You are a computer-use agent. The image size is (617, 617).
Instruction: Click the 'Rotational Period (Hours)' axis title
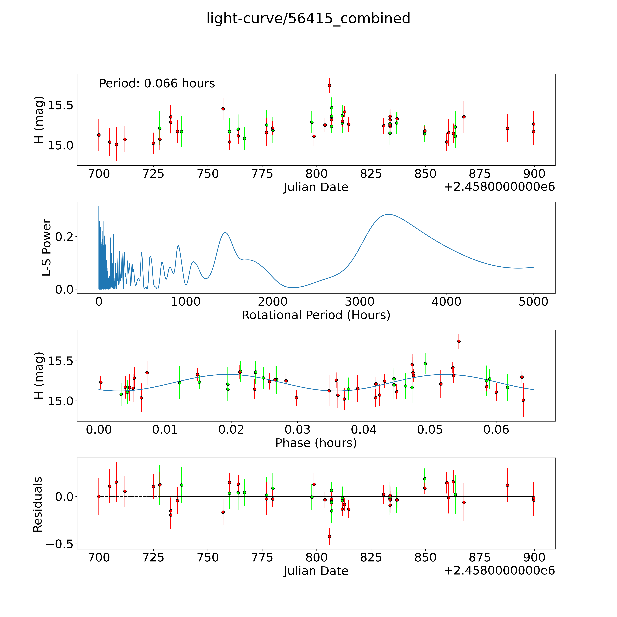click(x=316, y=315)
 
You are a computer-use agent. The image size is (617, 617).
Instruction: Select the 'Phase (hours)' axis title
click(x=316, y=443)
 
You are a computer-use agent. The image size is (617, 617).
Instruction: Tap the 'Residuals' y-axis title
click(x=38, y=505)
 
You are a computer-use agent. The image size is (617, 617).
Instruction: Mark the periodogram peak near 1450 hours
click(x=225, y=233)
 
